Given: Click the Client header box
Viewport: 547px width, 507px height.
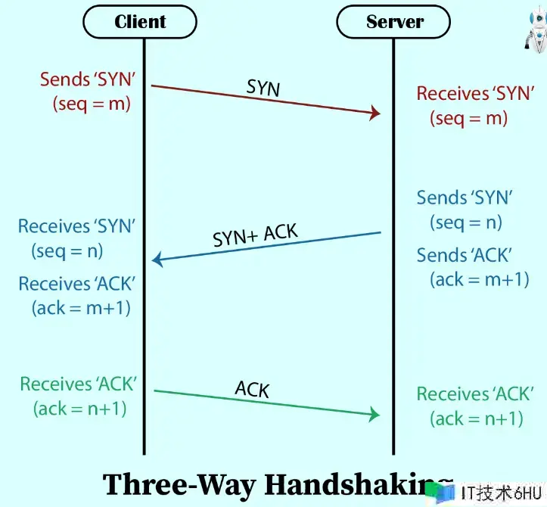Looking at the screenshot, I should (x=141, y=22).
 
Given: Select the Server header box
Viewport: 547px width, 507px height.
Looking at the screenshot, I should (x=394, y=22).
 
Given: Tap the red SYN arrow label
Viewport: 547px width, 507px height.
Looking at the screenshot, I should (x=263, y=87).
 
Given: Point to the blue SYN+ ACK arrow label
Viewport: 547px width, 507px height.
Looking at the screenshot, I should (x=255, y=235).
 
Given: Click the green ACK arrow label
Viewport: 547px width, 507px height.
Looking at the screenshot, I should (x=252, y=389).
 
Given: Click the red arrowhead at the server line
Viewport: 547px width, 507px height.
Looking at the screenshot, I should (x=374, y=114).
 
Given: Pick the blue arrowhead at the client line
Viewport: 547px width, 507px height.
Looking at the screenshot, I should (x=157, y=260).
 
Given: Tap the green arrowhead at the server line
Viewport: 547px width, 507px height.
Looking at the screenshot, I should (x=374, y=415).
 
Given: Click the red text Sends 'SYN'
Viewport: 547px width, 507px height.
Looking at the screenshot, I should (x=87, y=79).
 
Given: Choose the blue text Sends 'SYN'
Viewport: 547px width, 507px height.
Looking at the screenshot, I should (x=465, y=198).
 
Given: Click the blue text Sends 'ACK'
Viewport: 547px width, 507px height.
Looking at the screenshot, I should (x=465, y=255).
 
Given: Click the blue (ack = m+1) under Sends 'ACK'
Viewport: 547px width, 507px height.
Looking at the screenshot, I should (x=479, y=279).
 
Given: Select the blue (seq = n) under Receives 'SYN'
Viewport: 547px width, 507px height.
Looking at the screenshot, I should (x=67, y=250).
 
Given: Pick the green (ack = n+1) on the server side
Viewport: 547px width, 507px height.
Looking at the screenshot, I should (x=477, y=418).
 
